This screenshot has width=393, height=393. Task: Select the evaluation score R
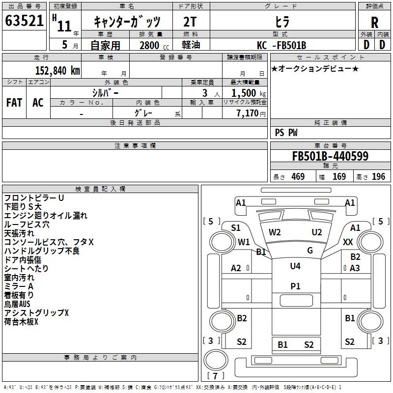(x=374, y=23)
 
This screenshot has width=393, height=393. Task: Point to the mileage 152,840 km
(x=57, y=70)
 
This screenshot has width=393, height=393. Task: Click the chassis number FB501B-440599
(x=330, y=157)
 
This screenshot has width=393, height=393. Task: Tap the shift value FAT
(x=14, y=103)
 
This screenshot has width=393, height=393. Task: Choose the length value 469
(x=297, y=176)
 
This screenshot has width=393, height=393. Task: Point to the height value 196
(x=379, y=176)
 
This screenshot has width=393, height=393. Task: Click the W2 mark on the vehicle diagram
(x=275, y=232)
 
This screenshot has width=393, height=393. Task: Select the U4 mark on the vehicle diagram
(x=295, y=266)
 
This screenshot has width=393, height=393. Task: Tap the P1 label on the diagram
(x=295, y=286)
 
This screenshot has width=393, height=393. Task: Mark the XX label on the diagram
(x=348, y=242)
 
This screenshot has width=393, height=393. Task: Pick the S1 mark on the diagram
(x=236, y=227)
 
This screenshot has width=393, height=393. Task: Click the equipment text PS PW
(x=286, y=133)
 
